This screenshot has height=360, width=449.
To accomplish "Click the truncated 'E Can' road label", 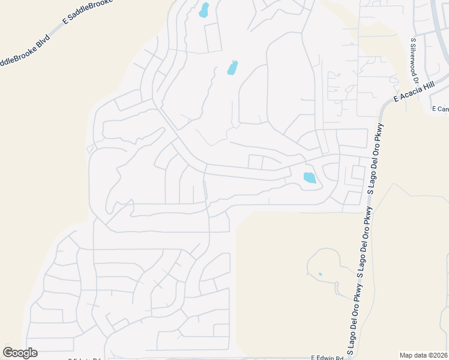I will tap(440, 109).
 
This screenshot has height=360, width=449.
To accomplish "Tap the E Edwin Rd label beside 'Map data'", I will tap(327, 358).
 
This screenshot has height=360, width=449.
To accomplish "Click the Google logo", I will tap(20, 353).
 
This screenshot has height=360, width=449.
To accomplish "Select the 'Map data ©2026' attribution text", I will tap(423, 355).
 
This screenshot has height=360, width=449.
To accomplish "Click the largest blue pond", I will tap(309, 178).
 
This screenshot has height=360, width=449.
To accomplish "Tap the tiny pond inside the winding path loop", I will tap(320, 274).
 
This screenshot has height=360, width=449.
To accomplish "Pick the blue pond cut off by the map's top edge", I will tap(204, 10).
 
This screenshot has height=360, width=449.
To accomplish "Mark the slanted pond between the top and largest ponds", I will tap(232, 68).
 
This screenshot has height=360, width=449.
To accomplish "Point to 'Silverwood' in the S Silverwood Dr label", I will tap(414, 64).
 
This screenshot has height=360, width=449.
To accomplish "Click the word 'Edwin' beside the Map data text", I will tap(327, 358).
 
